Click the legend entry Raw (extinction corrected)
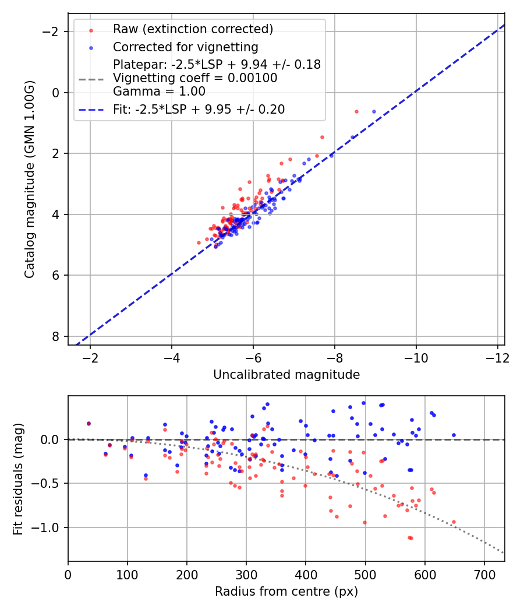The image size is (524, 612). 193,29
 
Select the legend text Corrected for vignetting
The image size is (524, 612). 185,47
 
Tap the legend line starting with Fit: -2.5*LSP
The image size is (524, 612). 199,109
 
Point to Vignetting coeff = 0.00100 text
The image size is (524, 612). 195,78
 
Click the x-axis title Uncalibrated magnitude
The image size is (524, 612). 286,375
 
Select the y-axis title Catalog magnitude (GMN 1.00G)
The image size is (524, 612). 30,179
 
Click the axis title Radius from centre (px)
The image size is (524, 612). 286,592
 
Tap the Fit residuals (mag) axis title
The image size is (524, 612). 19,479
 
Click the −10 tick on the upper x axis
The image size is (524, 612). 416,357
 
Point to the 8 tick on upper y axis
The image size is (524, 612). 57,336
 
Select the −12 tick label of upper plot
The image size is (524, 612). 497,357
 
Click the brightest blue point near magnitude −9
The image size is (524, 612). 374,111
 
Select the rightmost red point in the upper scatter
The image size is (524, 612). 356,111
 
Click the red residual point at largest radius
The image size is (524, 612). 454,522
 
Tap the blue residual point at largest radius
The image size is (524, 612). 454,435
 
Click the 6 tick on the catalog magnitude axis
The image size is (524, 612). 57,275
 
